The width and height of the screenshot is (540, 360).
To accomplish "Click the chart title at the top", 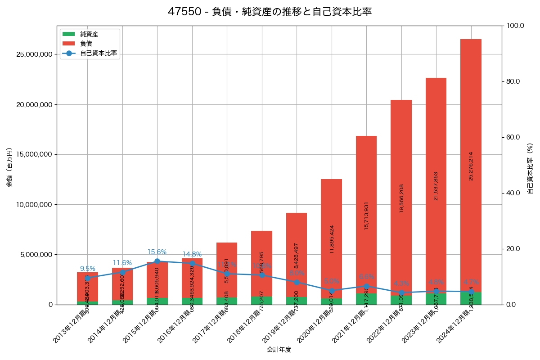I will point(270,12).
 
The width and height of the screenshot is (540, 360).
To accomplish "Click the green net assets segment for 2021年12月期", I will point(366,299).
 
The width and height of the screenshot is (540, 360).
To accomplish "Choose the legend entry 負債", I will point(86,44).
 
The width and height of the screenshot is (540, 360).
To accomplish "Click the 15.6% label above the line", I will point(157,252).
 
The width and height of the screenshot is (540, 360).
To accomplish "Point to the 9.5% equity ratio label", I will point(87,269).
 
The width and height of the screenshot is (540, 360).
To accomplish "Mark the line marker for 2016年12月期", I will point(192,263).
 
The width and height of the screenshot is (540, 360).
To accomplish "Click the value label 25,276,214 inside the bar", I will point(471,166).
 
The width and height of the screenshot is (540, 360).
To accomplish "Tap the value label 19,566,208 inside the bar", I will point(401,198).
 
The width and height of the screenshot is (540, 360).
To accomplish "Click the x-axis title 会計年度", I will point(279,350).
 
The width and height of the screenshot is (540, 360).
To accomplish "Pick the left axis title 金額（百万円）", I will point(9,167).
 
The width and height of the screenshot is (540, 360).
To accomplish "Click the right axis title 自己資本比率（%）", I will point(530,168).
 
